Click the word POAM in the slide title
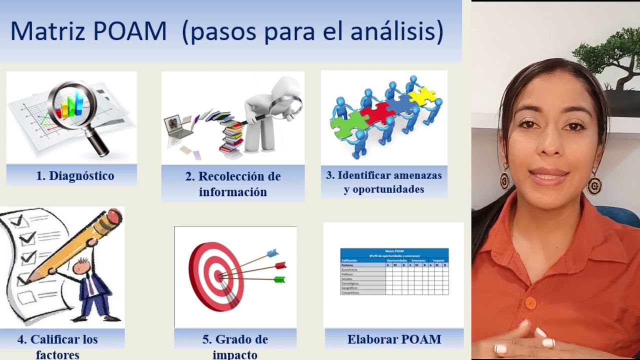[x=129, y=31]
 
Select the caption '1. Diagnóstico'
[x=75, y=175]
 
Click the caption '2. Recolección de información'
[x=233, y=183]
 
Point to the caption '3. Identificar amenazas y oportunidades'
[x=384, y=182]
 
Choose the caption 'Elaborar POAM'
[x=394, y=339]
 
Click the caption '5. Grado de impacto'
[x=235, y=346]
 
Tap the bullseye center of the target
[x=218, y=275]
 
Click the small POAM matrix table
[x=394, y=271]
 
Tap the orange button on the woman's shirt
[x=530, y=303]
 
